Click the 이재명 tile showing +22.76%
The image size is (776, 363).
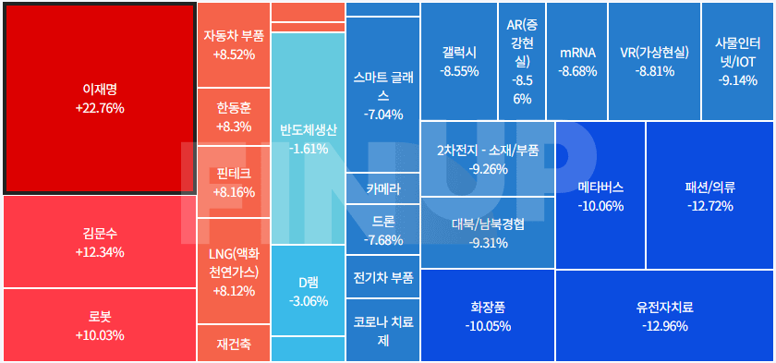click(x=99, y=98)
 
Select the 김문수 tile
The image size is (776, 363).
click(x=99, y=242)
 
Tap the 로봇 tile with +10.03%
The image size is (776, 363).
click(x=99, y=324)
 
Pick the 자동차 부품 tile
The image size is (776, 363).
click(x=233, y=45)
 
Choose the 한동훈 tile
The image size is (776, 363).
click(x=233, y=116)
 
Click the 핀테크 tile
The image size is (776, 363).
click(x=233, y=182)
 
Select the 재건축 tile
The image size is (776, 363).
click(x=233, y=345)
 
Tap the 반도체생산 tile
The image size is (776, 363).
click(x=308, y=139)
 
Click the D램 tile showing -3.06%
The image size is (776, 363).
click(x=308, y=291)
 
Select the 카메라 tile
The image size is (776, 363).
click(x=382, y=188)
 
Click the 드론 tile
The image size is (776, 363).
click(x=382, y=230)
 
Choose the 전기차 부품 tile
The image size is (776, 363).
click(x=382, y=277)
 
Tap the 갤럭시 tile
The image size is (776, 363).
click(x=459, y=60)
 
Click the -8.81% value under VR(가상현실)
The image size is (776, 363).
click(x=654, y=71)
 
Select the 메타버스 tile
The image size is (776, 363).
click(x=600, y=195)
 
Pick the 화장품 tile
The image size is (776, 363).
click(x=487, y=315)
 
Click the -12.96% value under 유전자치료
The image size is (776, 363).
click(x=664, y=325)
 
